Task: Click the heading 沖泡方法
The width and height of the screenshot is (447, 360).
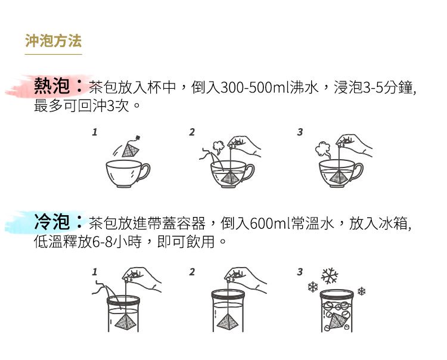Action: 53,41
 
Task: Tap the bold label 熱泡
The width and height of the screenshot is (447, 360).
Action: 52,85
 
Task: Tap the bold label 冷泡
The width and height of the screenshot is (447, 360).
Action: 52,222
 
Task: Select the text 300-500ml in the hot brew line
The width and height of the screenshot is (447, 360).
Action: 255,87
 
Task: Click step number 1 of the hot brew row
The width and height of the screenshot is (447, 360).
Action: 95,132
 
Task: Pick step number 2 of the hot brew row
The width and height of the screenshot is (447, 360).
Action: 192,132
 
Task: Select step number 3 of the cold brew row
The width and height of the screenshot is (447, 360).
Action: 300,272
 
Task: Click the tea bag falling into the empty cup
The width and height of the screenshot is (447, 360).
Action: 131,148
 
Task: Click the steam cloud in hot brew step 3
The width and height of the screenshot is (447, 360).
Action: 323,150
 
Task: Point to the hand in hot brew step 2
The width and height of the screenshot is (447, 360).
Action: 244,145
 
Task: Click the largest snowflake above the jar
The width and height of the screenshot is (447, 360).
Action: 329,276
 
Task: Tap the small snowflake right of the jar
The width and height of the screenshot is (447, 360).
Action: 362,291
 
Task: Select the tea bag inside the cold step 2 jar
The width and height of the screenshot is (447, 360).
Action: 228,322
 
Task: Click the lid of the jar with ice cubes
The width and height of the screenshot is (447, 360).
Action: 337,294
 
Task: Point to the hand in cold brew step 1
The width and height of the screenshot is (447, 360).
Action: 142,279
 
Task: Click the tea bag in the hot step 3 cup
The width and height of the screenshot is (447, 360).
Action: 339,176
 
